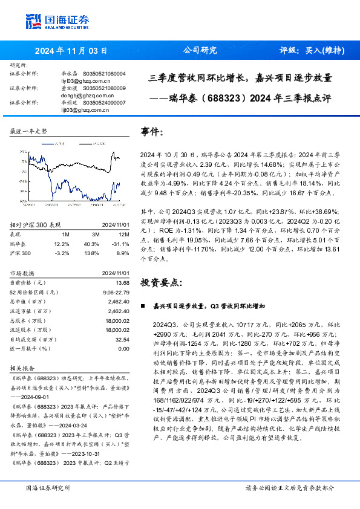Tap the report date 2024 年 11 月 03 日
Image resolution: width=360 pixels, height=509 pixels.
(71, 51)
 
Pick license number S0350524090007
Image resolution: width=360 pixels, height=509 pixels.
(104, 103)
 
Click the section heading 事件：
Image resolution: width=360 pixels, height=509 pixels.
(152, 131)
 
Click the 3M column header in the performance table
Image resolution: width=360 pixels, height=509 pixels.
(96, 234)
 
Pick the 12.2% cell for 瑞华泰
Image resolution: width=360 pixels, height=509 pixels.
(62, 242)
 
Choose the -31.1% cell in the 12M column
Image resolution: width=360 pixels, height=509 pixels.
(122, 242)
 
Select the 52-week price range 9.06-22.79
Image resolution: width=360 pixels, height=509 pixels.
(116, 292)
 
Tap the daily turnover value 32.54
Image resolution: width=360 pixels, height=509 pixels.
(122, 340)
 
